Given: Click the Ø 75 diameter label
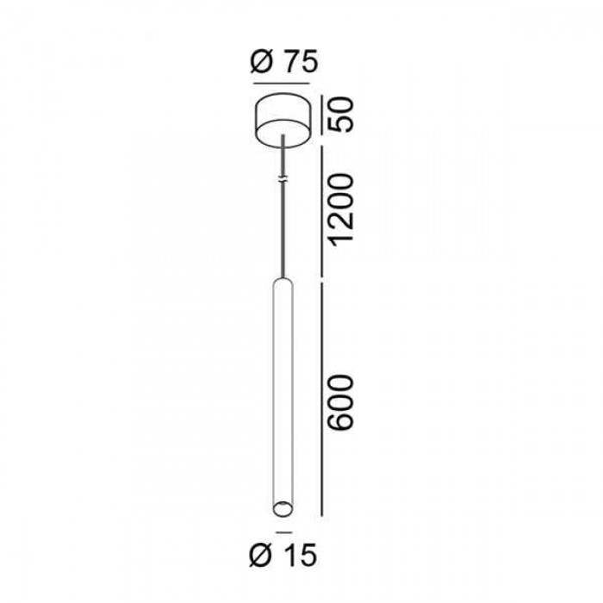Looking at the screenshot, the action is [x=283, y=62].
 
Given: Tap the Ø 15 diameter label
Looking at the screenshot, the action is [x=283, y=555].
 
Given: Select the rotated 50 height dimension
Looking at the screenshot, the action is [x=341, y=115].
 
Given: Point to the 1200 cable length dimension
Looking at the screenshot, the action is [x=341, y=208].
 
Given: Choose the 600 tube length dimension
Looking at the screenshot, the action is [x=341, y=402].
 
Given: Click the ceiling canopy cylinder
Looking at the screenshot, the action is [x=283, y=120].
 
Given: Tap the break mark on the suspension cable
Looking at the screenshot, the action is [x=283, y=179].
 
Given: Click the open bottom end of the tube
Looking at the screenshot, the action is [x=283, y=509].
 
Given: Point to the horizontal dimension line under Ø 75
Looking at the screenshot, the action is [x=282, y=83].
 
